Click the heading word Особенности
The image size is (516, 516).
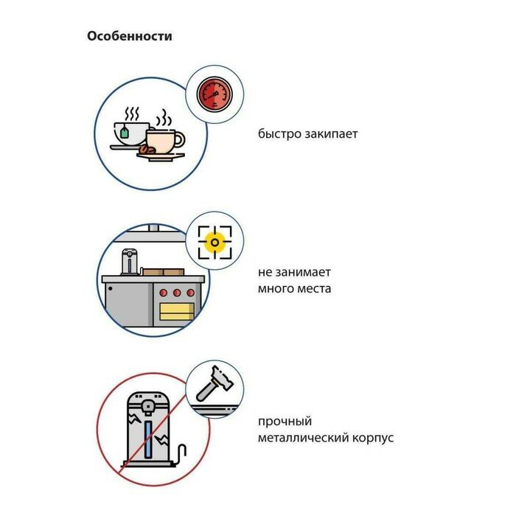(129, 35)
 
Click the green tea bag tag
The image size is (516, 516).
(125, 133)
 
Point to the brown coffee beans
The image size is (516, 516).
(147, 150)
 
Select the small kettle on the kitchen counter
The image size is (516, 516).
(130, 262)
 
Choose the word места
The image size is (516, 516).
(313, 288)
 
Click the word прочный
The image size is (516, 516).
(285, 422)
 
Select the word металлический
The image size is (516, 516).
(299, 438)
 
